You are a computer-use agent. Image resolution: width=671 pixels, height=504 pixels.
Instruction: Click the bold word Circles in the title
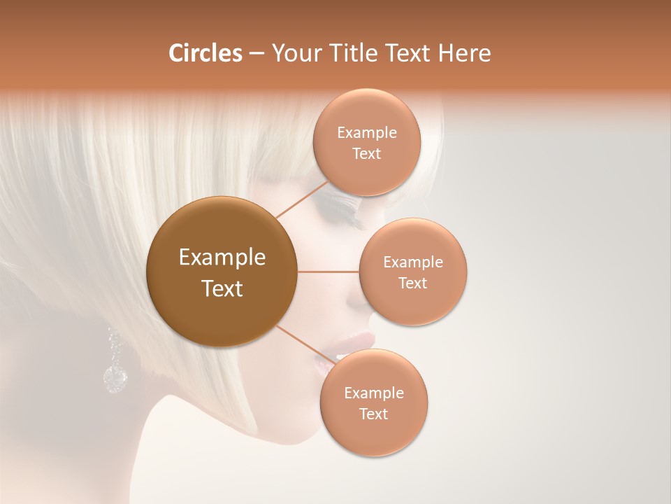click(x=205, y=53)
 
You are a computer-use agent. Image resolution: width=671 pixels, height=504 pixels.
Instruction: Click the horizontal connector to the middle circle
click(x=328, y=272)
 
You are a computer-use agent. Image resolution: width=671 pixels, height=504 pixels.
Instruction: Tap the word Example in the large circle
click(x=222, y=258)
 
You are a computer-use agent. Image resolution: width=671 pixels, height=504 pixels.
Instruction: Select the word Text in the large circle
click(x=222, y=288)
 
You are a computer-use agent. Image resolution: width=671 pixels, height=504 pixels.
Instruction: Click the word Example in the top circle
click(x=367, y=133)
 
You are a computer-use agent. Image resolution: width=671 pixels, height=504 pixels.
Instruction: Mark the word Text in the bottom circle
click(x=373, y=414)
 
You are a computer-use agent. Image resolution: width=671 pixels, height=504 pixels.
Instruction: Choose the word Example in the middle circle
click(x=413, y=262)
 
